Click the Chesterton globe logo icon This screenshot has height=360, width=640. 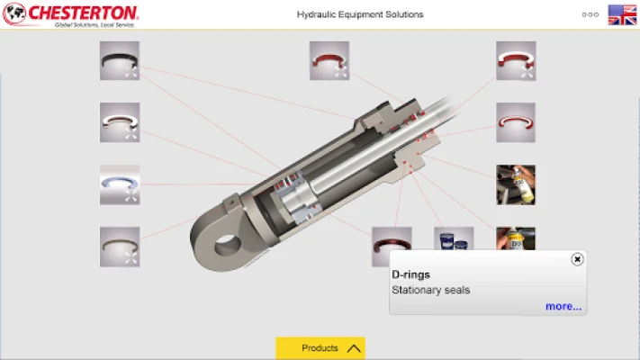point(14,13)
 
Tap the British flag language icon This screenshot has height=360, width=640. point(622,14)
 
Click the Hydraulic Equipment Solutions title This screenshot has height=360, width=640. point(360,14)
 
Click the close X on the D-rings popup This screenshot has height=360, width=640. point(577,259)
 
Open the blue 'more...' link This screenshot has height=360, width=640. point(563,306)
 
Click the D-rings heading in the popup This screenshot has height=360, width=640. point(410,274)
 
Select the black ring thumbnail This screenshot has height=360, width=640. point(120,60)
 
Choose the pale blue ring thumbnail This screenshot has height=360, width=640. point(120,184)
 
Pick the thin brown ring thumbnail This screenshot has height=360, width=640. point(120,247)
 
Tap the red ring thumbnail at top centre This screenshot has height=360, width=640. point(329,60)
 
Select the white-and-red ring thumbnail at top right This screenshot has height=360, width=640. point(516,61)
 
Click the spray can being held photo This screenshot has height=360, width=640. point(516,184)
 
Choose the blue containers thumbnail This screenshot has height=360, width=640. point(454,238)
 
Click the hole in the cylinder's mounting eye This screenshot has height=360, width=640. point(228,246)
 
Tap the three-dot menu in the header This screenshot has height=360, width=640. point(590,14)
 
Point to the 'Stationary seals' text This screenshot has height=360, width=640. point(430,290)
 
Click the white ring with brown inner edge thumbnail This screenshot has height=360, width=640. point(120,122)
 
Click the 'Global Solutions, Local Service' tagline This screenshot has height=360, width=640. point(95,25)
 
